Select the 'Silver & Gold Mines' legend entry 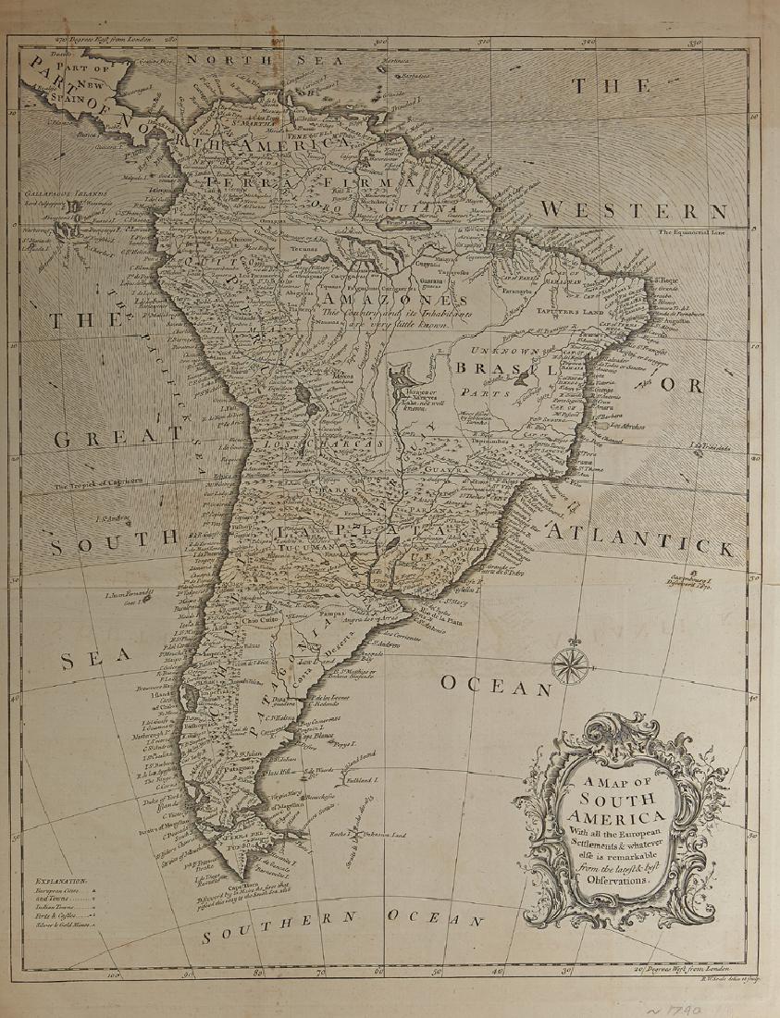pyautogui.click(x=66, y=937)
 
